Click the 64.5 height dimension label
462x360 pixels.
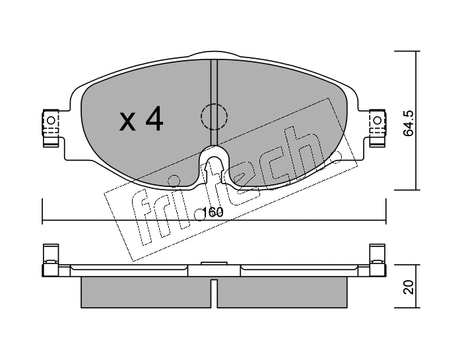409,124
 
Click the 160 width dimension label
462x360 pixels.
213,212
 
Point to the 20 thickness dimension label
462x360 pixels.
409,287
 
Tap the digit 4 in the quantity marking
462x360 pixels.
154,118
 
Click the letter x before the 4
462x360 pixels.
127,122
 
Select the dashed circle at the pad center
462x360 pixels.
214,116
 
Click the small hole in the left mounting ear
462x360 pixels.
51,120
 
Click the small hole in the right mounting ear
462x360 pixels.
377,120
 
